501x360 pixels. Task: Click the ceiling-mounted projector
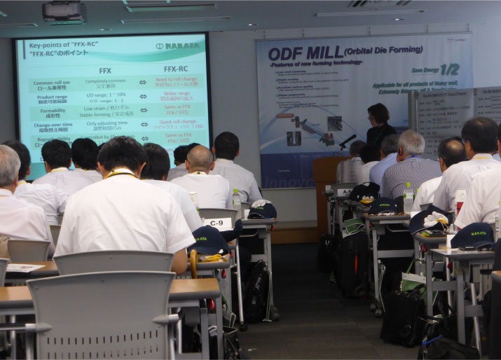(x=64, y=11)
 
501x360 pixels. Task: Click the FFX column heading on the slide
(x=105, y=70)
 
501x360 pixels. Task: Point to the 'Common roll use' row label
(x=52, y=85)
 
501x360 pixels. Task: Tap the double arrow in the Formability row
(x=142, y=110)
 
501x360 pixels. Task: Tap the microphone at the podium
(x=348, y=140)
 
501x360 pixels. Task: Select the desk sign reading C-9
(x=217, y=223)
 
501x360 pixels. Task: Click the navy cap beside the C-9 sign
(x=208, y=240)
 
